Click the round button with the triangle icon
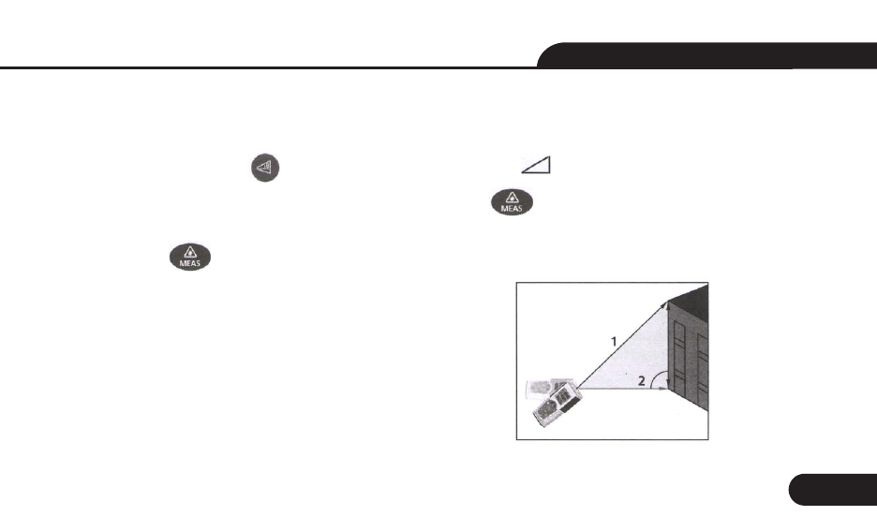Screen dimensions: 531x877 (263, 169)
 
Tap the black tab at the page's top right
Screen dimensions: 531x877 (712, 54)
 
